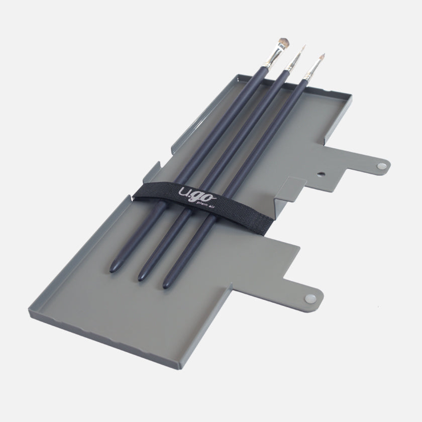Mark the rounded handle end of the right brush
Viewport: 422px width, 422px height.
[166, 284]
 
